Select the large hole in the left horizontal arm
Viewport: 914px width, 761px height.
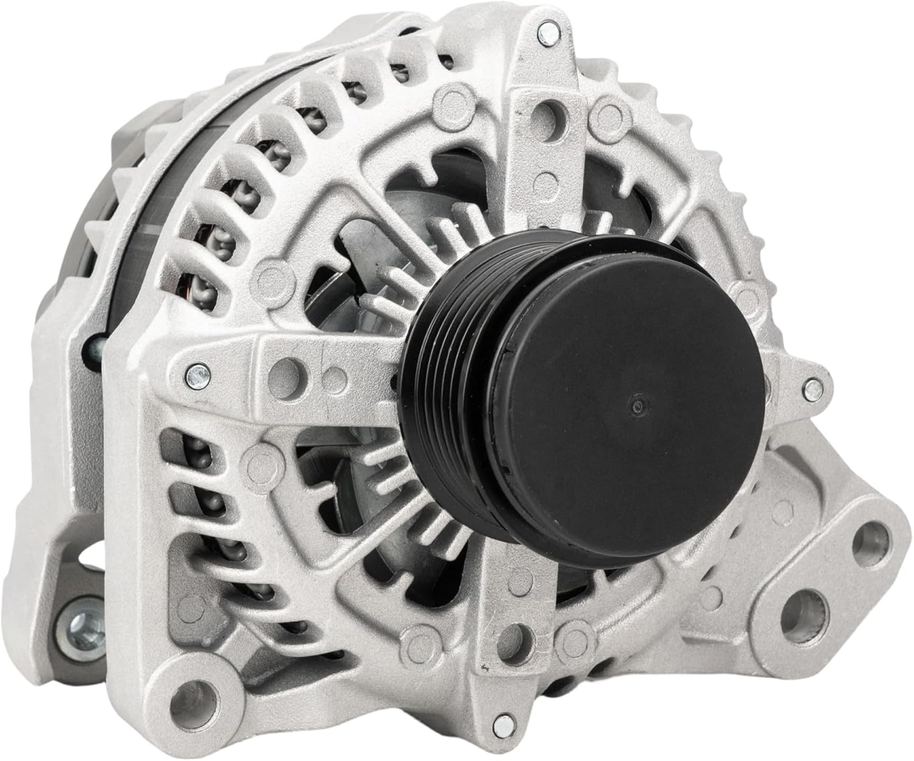(x=286, y=369)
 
